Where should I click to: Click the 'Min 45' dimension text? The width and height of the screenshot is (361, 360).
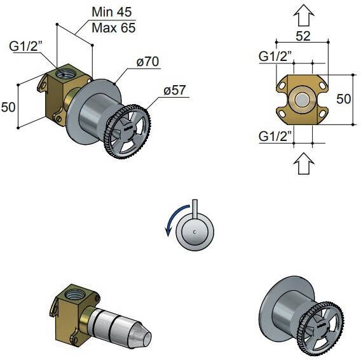112,12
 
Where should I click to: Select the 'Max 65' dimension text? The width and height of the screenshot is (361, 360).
114,28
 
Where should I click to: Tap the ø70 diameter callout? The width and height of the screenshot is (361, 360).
147,62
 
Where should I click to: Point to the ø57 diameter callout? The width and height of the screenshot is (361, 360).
174,90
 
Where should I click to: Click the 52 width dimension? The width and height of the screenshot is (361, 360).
303,36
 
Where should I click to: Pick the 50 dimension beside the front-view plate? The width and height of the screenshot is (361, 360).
343,99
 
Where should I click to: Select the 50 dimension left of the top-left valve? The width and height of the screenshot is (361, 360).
8,107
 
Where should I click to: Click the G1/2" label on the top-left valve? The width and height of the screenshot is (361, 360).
25,46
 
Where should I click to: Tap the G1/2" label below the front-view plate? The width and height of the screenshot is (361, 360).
275,136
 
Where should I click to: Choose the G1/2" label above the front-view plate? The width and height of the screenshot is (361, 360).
275,56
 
